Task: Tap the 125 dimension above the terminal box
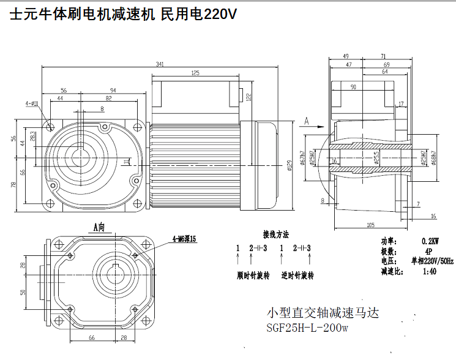[195, 73]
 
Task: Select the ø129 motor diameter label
[289, 165]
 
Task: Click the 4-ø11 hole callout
[32, 103]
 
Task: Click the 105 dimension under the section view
[370, 225]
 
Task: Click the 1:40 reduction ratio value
[429, 271]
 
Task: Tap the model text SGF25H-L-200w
[307, 328]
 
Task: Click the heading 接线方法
[275, 234]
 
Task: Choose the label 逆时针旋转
[297, 276]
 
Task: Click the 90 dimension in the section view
[353, 87]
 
